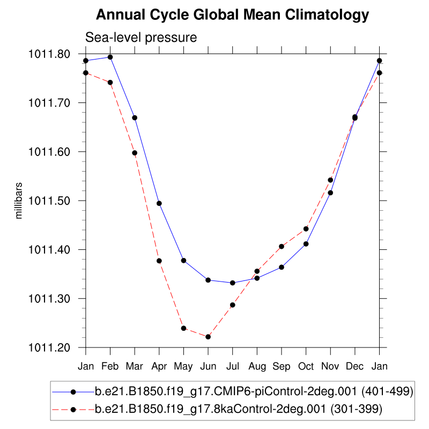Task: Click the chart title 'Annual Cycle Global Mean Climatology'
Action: coord(232,14)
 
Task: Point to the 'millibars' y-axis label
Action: coord(19,201)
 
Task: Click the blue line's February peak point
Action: coord(110,57)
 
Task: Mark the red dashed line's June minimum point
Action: coord(208,337)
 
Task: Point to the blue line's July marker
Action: coord(232,283)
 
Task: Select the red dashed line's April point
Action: coord(159,261)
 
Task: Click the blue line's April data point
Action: coord(159,203)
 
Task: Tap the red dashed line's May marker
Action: coord(183,328)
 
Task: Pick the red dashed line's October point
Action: coord(306,228)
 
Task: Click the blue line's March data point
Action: coord(135,117)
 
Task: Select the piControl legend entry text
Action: coord(254,392)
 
